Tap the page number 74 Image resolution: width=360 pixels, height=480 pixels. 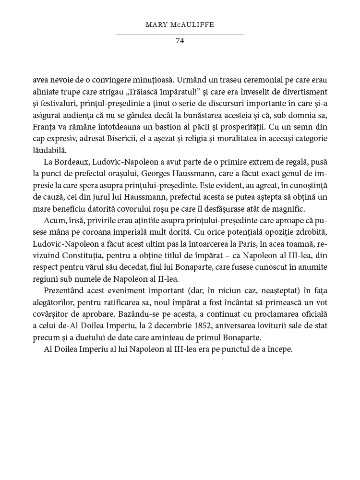point(180,41)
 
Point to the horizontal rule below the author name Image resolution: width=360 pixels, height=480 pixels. point(180,35)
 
